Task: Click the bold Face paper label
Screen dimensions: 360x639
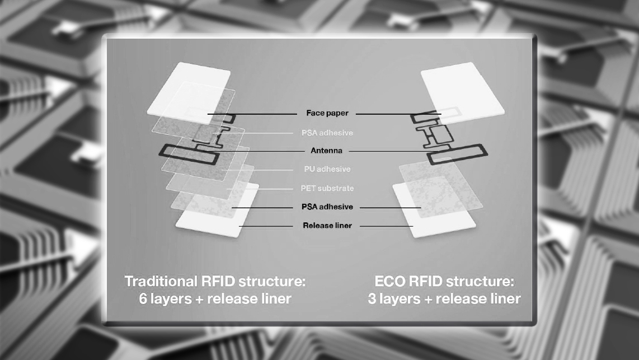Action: click(327, 113)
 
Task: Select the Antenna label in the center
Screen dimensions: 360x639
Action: click(326, 151)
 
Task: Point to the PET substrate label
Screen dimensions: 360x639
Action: click(327, 188)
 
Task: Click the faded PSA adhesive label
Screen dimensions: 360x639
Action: click(326, 133)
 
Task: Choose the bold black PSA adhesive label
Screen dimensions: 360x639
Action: click(327, 207)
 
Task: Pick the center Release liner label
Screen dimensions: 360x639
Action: click(327, 226)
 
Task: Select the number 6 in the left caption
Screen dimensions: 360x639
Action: click(143, 298)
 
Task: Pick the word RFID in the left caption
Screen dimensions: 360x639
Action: click(219, 280)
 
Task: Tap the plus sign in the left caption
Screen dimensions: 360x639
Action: click(199, 298)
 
